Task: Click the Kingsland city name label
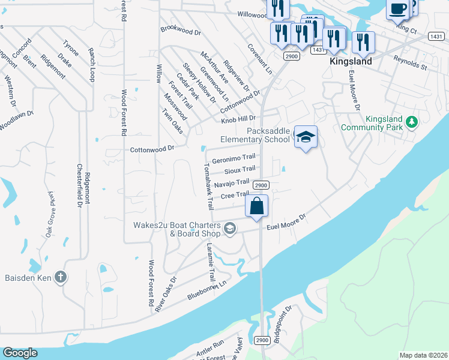[x=351, y=61]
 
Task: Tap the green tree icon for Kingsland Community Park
[x=411, y=122]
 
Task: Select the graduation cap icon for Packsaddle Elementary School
[x=306, y=137]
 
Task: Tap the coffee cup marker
[x=398, y=8]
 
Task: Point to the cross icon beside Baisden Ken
[x=59, y=277]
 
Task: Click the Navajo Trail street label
[x=231, y=183]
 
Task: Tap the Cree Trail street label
[x=234, y=195]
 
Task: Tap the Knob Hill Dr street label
[x=238, y=119]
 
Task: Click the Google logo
[x=19, y=353]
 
